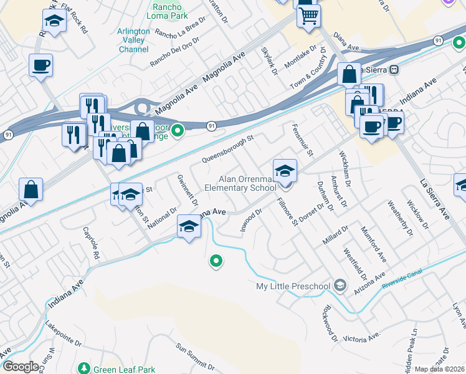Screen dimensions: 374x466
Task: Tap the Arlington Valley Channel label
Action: tap(133, 40)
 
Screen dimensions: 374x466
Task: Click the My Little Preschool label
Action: tap(293, 286)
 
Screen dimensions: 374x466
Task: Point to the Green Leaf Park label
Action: tap(124, 370)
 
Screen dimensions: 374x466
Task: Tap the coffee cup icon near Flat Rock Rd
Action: tap(40, 64)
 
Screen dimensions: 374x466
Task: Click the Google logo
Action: tap(21, 366)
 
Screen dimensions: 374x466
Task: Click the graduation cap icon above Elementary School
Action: tap(285, 170)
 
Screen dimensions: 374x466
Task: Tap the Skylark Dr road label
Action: tap(269, 60)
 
